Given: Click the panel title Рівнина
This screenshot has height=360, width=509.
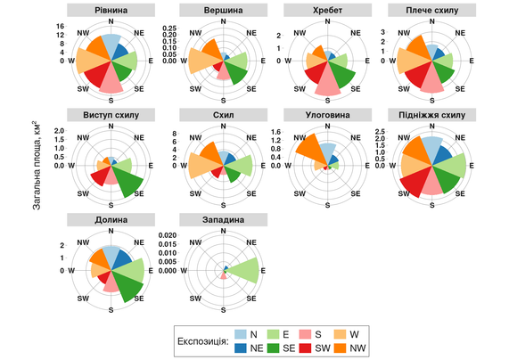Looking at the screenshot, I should click(x=111, y=9).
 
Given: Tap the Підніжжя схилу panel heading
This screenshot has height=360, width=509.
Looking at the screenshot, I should click(x=432, y=114).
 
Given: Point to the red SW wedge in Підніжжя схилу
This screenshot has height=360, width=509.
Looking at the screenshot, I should click(x=415, y=183).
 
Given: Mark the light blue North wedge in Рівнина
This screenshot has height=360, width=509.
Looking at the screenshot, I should click(x=111, y=45).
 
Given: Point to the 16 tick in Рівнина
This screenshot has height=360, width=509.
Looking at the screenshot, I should click(x=61, y=27).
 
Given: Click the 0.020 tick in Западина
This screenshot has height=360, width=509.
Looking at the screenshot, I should click(x=170, y=236).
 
